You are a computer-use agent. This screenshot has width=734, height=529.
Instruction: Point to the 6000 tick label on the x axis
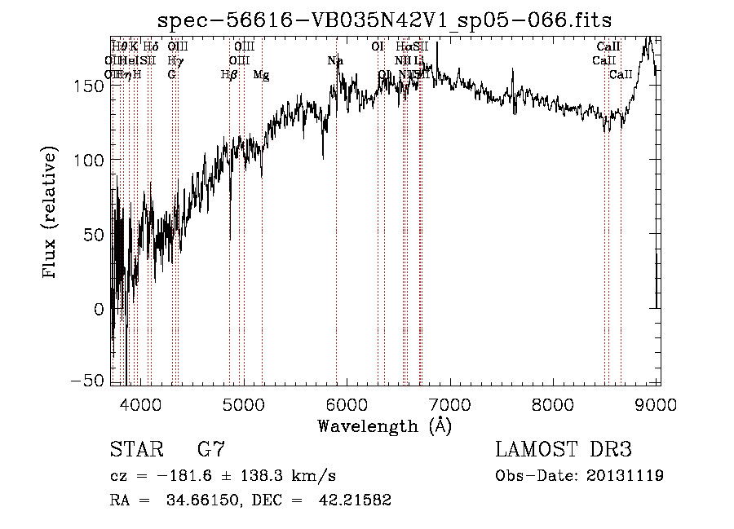pyautogui.click(x=347, y=405)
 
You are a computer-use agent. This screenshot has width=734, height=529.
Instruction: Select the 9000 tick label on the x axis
pyautogui.click(x=657, y=405)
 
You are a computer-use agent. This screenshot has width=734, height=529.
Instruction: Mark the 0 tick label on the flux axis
pyautogui.click(x=99, y=309)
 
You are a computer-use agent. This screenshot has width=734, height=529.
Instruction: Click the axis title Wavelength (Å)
pyautogui.click(x=385, y=425)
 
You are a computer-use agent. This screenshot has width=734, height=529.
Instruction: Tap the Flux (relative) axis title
pyautogui.click(x=51, y=214)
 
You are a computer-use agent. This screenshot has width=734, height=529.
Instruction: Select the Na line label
pyautogui.click(x=335, y=61)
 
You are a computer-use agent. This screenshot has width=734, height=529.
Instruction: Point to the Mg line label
pyautogui.click(x=261, y=75)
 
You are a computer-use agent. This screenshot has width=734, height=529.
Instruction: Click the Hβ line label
pyautogui.click(x=229, y=75)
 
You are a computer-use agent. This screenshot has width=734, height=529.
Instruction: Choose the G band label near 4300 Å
pyautogui.click(x=171, y=75)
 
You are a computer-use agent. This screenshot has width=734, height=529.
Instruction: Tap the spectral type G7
pyautogui.click(x=211, y=450)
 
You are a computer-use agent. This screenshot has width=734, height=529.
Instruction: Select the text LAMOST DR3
pyautogui.click(x=564, y=450)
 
